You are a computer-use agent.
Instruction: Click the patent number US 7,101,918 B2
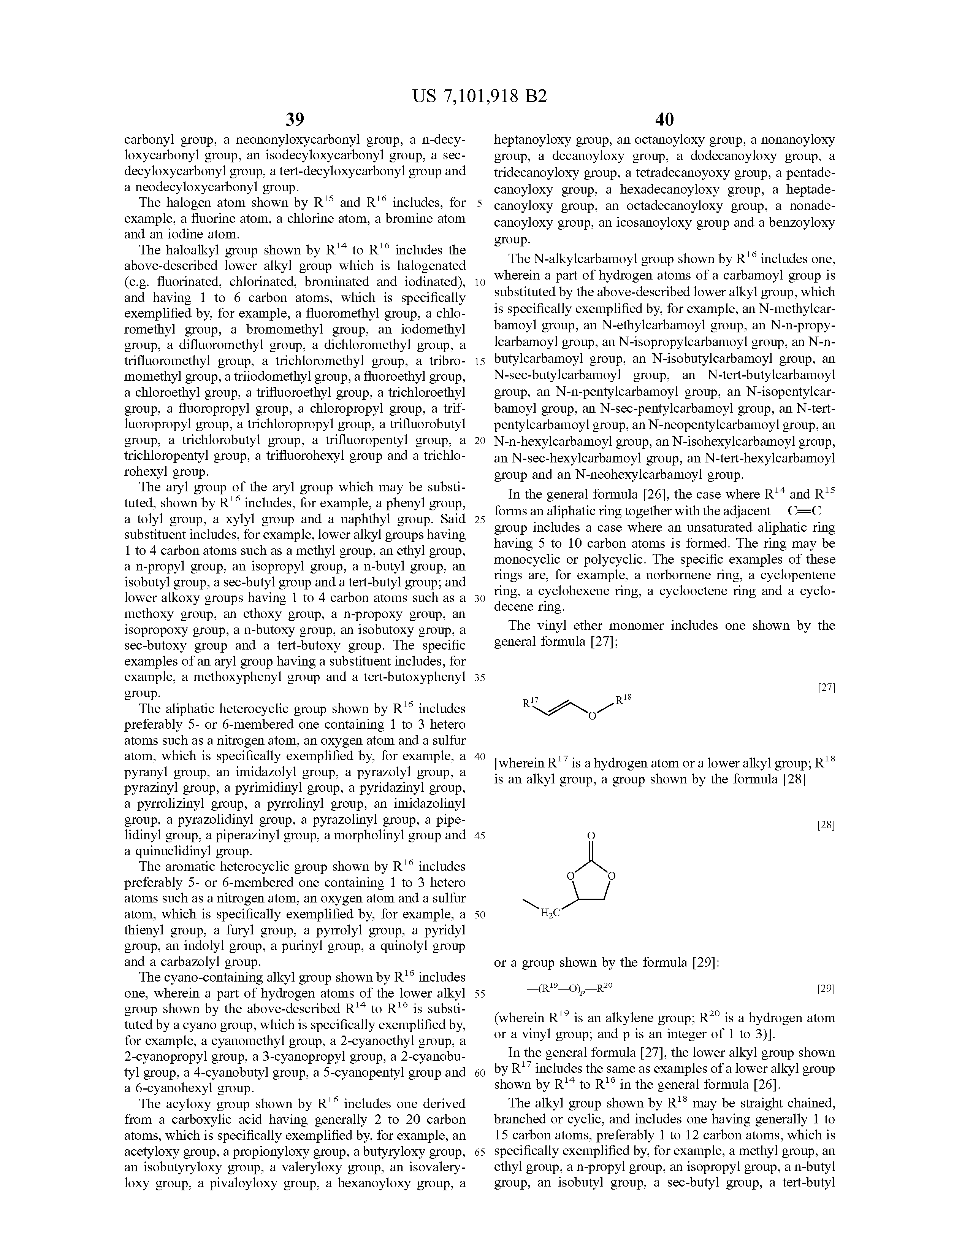(480, 96)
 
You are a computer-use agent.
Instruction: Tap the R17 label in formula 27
(530, 702)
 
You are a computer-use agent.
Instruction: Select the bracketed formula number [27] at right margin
(826, 687)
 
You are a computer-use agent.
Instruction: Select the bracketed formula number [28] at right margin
(826, 825)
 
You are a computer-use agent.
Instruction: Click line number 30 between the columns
(480, 598)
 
